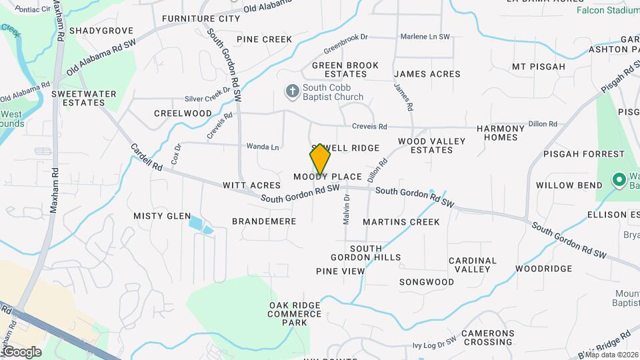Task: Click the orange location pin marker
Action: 320,159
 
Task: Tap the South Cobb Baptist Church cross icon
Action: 292,91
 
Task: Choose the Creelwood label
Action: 183,113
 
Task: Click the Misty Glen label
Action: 162,215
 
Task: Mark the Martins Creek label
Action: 401,221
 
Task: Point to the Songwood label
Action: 427,282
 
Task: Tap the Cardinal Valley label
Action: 473,265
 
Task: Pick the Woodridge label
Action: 544,269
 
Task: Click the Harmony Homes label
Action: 501,133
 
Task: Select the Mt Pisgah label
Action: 538,67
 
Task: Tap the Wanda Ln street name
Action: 263,146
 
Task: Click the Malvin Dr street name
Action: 347,209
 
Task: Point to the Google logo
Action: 21,351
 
